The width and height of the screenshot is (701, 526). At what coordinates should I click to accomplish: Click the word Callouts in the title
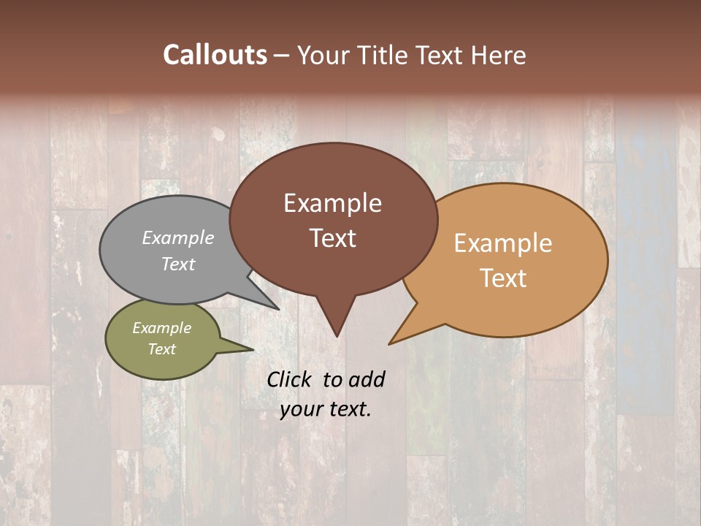tap(215, 55)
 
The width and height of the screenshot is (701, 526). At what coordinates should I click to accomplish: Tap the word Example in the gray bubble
tap(178, 237)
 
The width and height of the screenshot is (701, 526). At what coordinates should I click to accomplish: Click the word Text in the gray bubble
tap(178, 264)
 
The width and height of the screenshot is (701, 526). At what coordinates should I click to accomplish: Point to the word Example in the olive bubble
tap(161, 328)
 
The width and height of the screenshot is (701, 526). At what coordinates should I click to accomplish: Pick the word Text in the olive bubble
tap(161, 349)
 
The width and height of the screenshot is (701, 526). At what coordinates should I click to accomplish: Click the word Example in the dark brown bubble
tap(332, 202)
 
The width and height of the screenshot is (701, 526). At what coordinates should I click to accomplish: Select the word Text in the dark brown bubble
tap(332, 237)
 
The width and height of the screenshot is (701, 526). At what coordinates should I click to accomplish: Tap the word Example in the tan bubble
tap(503, 243)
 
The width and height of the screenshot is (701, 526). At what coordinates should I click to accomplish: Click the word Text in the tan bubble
tap(503, 278)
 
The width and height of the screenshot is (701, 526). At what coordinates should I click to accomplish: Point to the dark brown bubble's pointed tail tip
tap(336, 336)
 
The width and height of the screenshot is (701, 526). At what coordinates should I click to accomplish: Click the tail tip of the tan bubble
tap(389, 343)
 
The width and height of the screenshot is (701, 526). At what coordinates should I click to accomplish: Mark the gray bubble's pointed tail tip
tap(278, 310)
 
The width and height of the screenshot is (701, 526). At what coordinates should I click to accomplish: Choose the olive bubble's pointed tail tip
tap(253, 349)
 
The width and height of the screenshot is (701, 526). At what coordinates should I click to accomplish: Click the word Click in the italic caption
tap(290, 379)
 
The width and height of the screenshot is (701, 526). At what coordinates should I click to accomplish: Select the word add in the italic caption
tap(367, 379)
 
